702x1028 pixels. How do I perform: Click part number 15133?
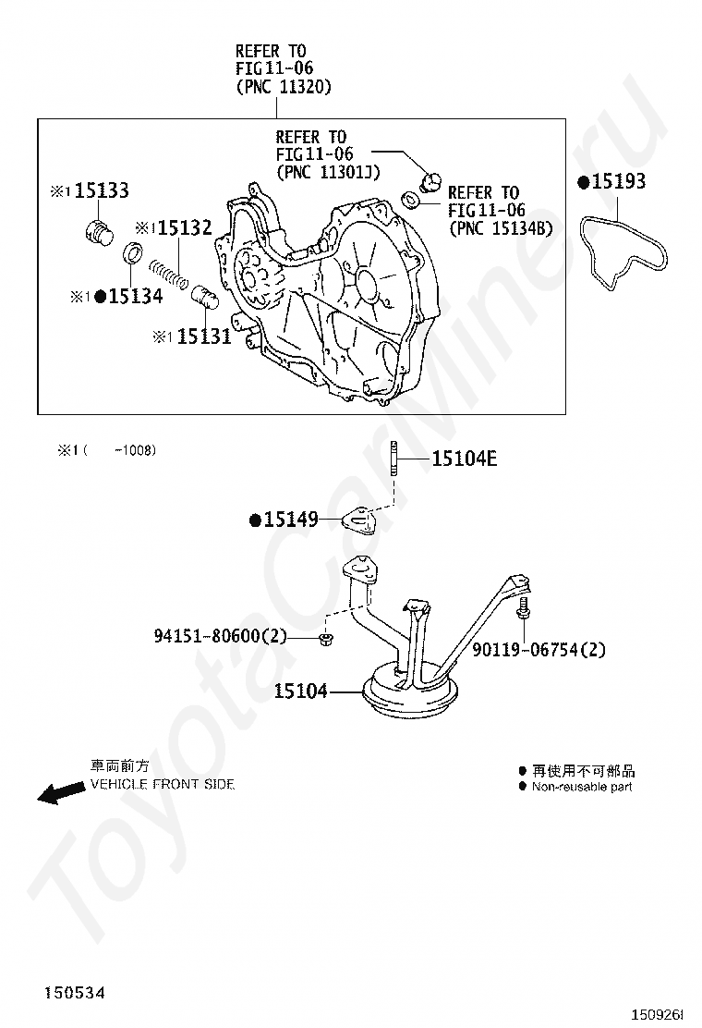101,190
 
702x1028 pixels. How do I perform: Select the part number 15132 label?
184,227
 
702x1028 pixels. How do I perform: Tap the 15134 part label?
135,296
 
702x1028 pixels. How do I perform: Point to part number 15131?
203,337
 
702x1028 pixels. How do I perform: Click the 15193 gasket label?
618,182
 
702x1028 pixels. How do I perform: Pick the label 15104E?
464,458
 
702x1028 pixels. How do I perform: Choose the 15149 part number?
290,520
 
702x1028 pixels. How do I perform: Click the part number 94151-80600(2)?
221,636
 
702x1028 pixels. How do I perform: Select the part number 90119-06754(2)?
539,650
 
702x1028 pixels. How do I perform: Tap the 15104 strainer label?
300,690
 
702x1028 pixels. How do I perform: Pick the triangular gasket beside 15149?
360,521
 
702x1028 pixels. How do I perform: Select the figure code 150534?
73,993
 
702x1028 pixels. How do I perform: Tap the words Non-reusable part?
582,787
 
